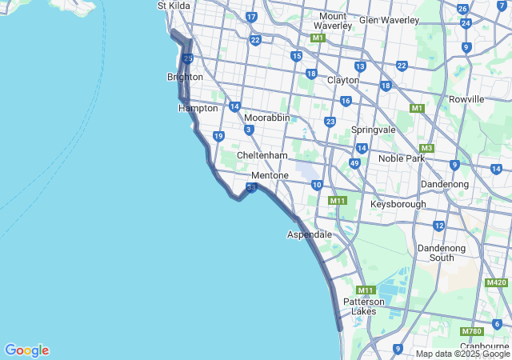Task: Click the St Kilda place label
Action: [173, 6]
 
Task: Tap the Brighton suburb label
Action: [185, 78]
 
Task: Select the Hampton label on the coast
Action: [198, 108]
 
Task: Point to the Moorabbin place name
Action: [266, 118]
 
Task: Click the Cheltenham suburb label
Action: [262, 155]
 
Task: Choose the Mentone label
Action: [270, 175]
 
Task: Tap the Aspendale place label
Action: [309, 234]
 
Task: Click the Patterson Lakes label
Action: [364, 306]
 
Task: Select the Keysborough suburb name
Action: [398, 205]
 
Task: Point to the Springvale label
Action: [374, 130]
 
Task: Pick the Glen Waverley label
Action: [390, 20]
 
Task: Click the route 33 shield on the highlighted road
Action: [251, 188]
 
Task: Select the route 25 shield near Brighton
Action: [187, 58]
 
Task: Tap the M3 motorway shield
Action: [426, 148]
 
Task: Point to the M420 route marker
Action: [496, 282]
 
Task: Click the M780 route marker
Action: [471, 331]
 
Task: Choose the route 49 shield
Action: [354, 163]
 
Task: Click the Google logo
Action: [27, 350]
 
